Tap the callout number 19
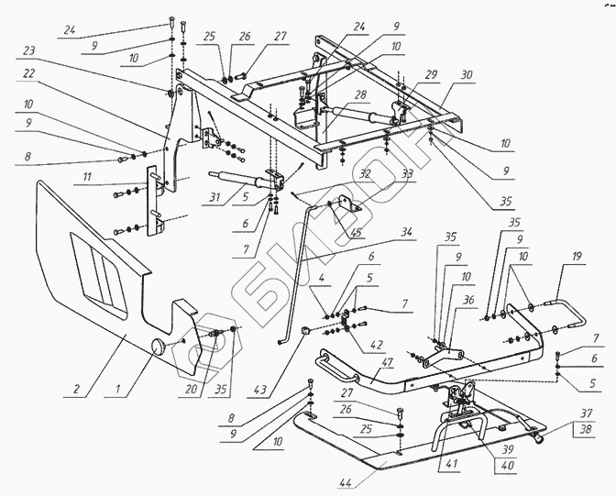click(577, 257)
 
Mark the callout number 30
click(467, 75)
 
